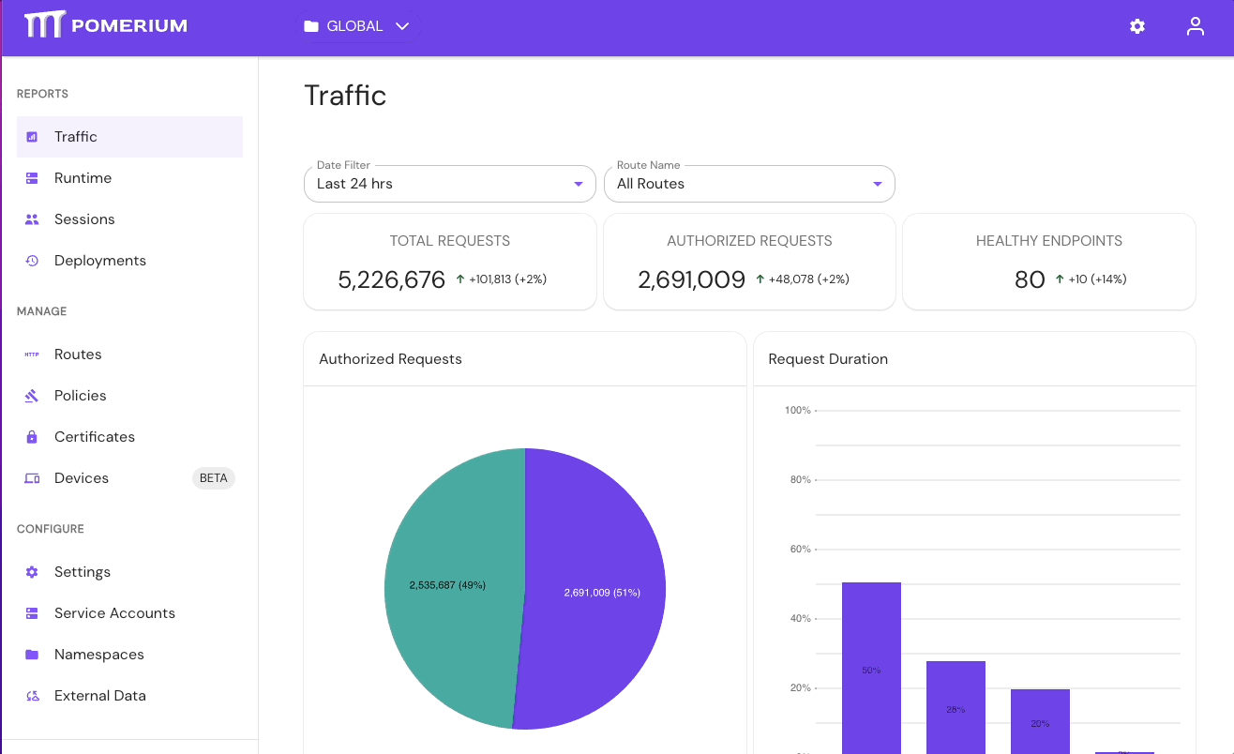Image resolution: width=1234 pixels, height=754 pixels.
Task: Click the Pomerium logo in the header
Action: [x=106, y=25]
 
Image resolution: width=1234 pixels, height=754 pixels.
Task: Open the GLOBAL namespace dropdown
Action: [x=357, y=26]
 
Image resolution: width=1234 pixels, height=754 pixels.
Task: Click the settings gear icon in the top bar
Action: [x=1137, y=26]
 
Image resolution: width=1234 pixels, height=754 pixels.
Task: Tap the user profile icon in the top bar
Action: [x=1195, y=26]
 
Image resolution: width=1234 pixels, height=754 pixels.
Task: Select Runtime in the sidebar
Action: [x=83, y=178]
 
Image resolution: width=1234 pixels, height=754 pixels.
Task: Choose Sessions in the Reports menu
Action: [x=84, y=219]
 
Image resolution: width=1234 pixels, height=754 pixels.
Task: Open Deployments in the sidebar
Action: [x=99, y=261]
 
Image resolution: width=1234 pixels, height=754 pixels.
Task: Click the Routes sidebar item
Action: [x=78, y=354]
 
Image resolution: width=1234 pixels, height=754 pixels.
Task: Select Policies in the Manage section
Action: [x=81, y=396]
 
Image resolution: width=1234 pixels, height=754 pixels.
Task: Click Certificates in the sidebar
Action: [x=95, y=437]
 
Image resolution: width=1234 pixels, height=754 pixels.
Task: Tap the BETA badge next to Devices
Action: [x=214, y=478]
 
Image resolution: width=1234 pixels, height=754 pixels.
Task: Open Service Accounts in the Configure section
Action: [x=114, y=613]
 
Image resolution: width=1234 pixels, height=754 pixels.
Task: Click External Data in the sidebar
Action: [x=100, y=696]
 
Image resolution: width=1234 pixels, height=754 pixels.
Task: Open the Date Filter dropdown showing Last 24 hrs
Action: [x=450, y=184]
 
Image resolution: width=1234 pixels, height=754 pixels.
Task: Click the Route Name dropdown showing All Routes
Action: [x=749, y=184]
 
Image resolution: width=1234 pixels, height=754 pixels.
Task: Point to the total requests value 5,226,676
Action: [x=391, y=279]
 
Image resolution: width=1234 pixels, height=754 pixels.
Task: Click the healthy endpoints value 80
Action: [x=1030, y=279]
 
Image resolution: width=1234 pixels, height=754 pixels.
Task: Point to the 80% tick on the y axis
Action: [x=800, y=480]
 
